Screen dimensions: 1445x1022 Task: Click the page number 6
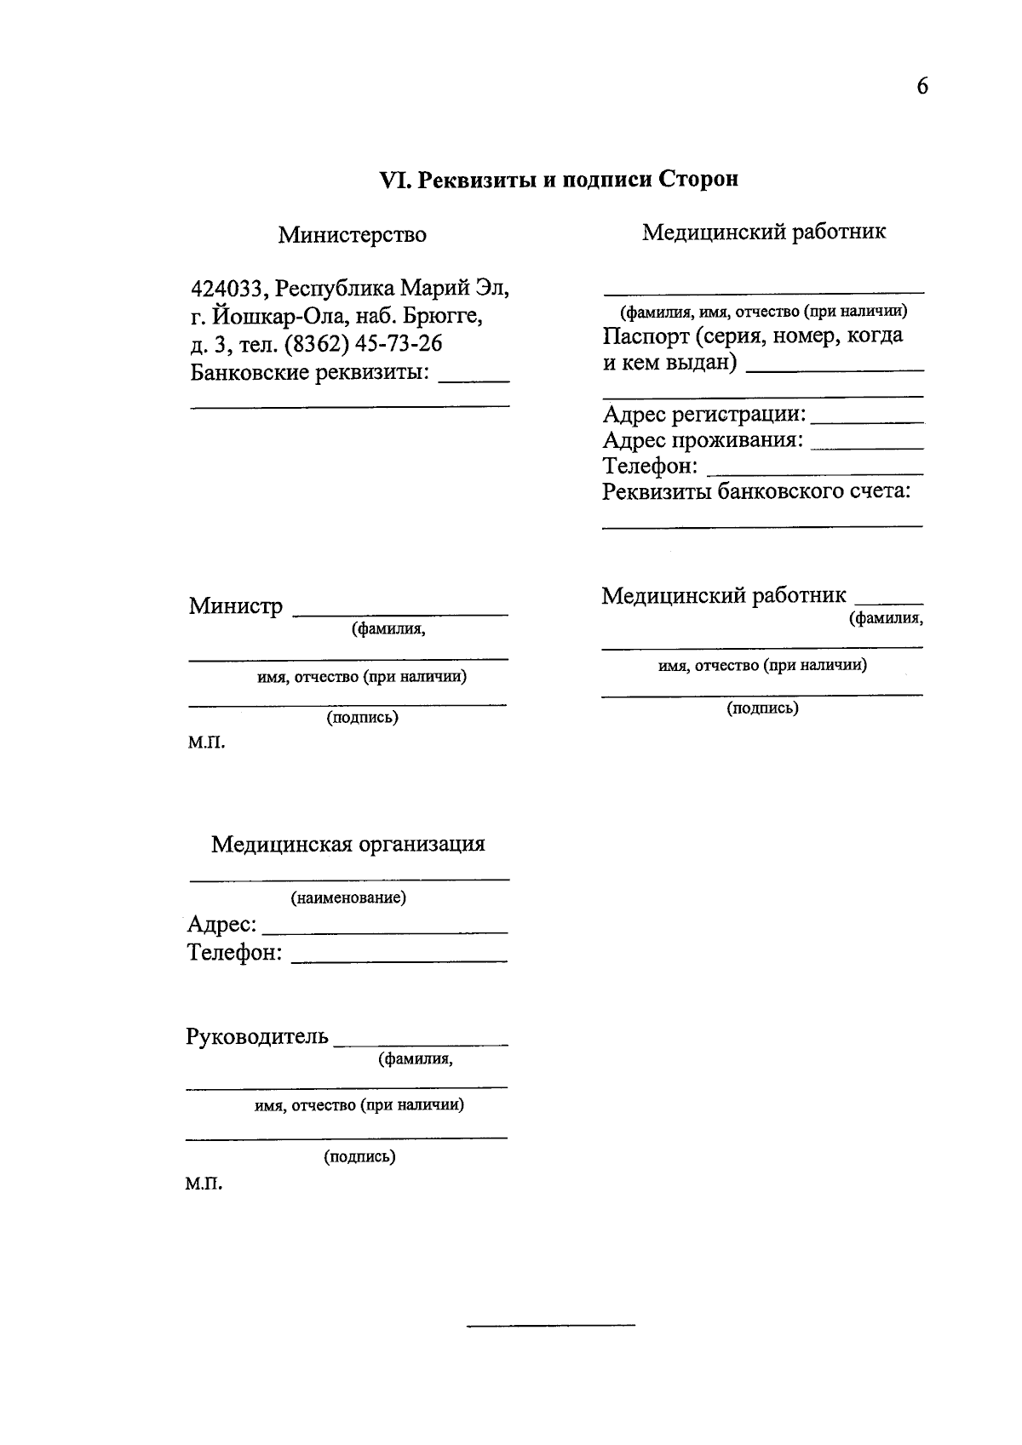tap(922, 86)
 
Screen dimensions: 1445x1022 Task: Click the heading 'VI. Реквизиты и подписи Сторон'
tap(558, 180)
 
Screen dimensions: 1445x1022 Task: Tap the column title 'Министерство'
tap(352, 235)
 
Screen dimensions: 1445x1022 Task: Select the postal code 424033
tap(227, 289)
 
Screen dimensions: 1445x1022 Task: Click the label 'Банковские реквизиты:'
tap(310, 373)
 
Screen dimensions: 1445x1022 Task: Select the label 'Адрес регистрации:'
tap(703, 415)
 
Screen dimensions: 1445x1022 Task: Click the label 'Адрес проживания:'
tap(703, 441)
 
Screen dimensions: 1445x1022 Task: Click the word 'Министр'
tap(235, 606)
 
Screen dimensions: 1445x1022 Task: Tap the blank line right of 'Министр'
tap(400, 613)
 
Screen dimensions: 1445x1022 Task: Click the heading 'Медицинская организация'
tap(347, 845)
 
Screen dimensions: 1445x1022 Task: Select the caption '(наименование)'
tap(348, 898)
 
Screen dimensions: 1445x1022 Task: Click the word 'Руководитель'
tap(256, 1037)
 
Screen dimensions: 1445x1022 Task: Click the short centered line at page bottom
tap(551, 1325)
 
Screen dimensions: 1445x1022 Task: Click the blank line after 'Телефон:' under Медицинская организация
tap(399, 960)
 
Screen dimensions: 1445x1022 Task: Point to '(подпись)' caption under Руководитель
tap(359, 1157)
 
